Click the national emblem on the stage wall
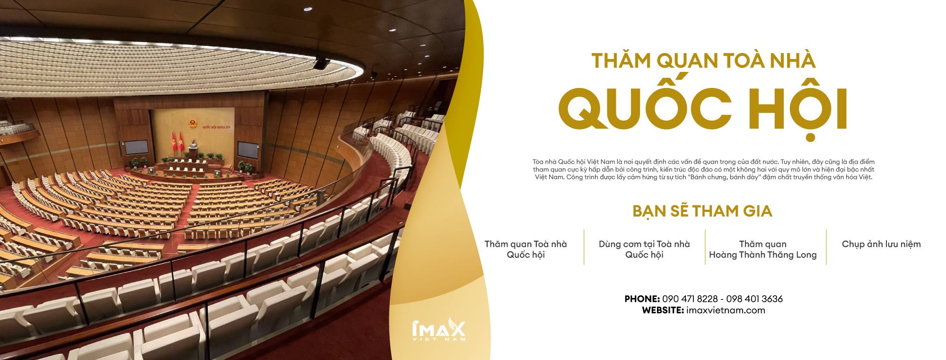tap(193, 125)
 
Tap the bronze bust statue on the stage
tap(193, 143)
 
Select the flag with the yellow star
tap(181, 141)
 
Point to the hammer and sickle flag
tap(174, 141)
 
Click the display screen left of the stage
tap(136, 148)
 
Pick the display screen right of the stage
tap(248, 150)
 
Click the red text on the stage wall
tap(216, 127)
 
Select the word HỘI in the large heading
tap(798, 108)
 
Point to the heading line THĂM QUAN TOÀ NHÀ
tap(703, 61)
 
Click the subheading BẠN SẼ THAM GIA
tap(702, 211)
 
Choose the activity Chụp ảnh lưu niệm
tap(881, 244)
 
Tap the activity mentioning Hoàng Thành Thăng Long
tap(763, 249)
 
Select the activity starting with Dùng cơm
tap(644, 249)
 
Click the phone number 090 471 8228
tap(690, 299)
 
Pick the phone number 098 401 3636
tap(754, 299)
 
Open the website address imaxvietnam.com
tap(726, 310)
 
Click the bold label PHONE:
tap(642, 299)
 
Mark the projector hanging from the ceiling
tap(322, 63)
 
